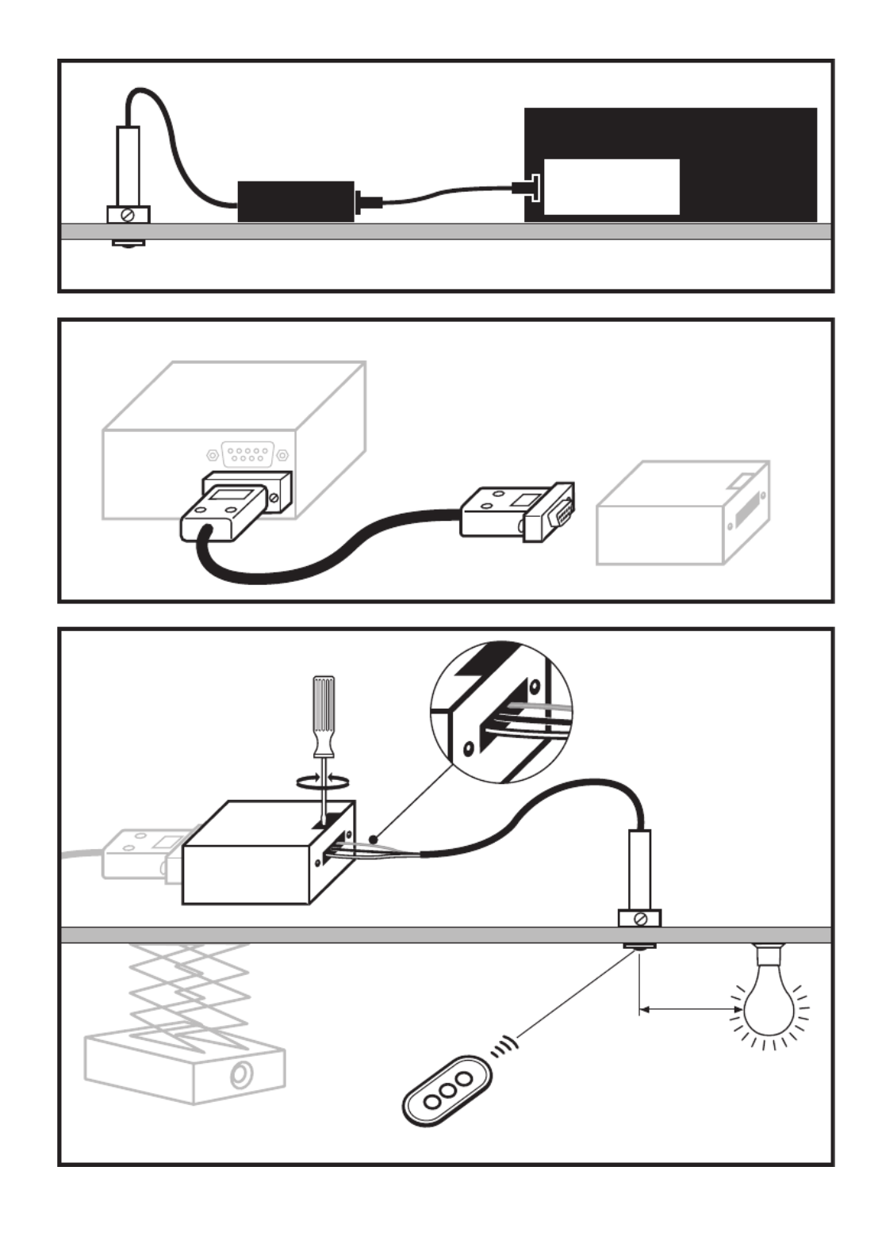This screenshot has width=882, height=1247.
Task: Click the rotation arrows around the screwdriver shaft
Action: [322, 781]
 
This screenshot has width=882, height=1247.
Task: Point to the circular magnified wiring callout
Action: [501, 713]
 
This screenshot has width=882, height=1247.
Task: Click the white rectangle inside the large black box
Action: [612, 186]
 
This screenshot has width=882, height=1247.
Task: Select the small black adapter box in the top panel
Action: [296, 201]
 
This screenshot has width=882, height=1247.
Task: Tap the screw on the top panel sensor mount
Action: [128, 215]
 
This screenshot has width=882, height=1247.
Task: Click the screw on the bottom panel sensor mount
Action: [640, 919]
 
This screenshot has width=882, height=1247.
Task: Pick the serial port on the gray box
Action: [248, 455]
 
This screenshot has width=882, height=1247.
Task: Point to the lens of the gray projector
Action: [240, 1075]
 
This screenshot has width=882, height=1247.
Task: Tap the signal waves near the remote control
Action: [503, 1046]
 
